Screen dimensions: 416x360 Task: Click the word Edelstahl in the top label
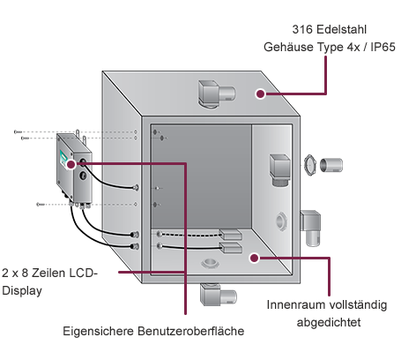pos(342,29)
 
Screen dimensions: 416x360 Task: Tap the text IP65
pos(383,47)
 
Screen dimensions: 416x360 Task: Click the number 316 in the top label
pos(302,29)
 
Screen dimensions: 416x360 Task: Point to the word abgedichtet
pos(329,322)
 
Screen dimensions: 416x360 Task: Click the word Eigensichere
pos(99,332)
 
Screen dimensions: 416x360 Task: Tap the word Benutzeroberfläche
pos(191,331)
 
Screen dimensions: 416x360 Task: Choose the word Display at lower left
pos(22,291)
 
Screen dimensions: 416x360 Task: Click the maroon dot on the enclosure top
pos(260,94)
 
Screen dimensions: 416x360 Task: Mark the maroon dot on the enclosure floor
pos(255,258)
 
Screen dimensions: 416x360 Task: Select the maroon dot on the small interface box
pos(71,164)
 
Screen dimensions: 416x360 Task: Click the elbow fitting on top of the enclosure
pos(216,94)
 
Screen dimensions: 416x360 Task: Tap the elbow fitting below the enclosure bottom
pos(218,295)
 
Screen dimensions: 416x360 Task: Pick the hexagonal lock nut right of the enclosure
pos(309,165)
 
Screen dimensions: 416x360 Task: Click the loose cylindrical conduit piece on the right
pos(331,165)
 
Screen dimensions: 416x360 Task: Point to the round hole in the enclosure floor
pos(210,263)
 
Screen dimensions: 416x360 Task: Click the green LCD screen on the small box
pos(63,157)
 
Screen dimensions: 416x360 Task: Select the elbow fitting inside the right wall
pos(279,170)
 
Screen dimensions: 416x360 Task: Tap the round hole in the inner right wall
pos(281,221)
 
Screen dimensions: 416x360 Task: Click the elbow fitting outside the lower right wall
pos(310,228)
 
